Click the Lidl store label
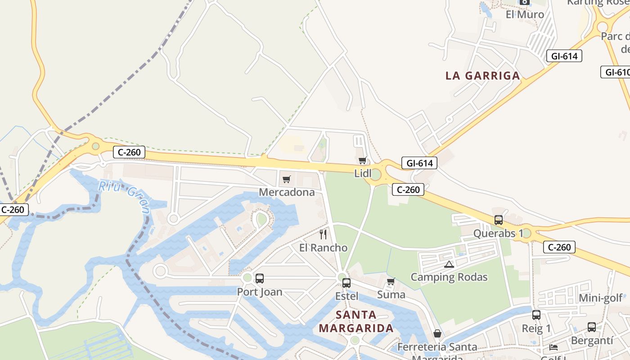tap(363, 173)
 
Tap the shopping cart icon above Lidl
tap(363, 161)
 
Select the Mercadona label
tap(287, 192)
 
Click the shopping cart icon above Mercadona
tap(287, 180)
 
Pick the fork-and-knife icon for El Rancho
tap(323, 234)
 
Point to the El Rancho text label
tap(323, 248)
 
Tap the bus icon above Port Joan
tap(260, 279)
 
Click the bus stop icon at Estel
tap(346, 283)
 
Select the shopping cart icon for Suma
tap(391, 282)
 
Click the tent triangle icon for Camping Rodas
tap(449, 264)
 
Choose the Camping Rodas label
tap(449, 277)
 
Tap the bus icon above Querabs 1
tap(499, 220)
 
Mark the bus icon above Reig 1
tap(536, 315)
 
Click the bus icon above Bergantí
tap(592, 327)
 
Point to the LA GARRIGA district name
tap(483, 76)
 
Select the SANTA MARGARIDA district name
tap(356, 321)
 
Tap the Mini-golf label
tap(601, 298)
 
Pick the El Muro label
tap(525, 14)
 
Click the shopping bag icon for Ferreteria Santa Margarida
tap(437, 333)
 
